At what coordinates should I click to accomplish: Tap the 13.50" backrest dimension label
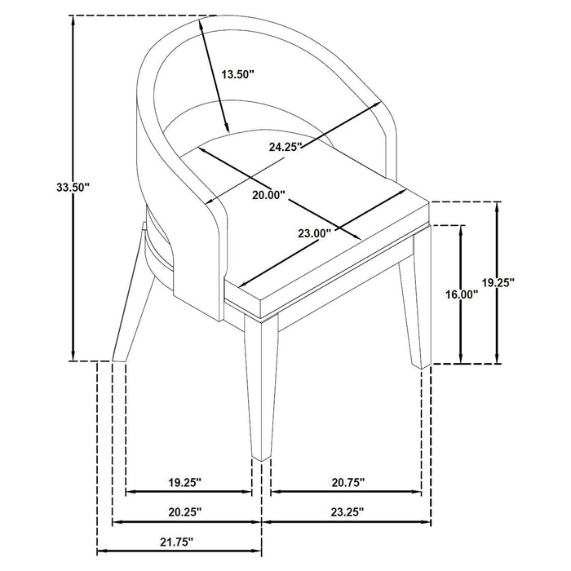click(x=238, y=73)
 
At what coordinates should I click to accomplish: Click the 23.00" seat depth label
click(x=313, y=233)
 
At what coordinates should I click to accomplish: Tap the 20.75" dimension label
click(x=347, y=482)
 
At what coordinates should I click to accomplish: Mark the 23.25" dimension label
click(x=347, y=511)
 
